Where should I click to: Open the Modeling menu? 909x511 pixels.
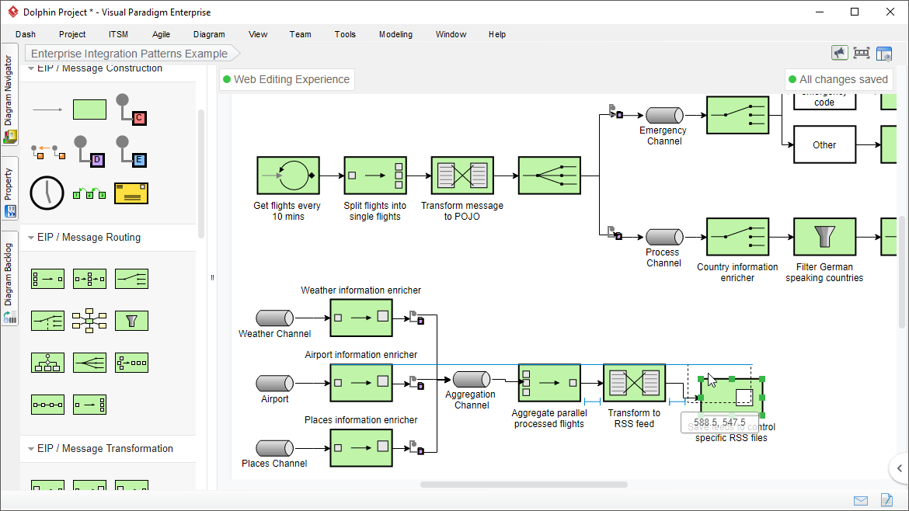click(395, 34)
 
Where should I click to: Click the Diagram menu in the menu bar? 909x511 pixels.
click(209, 34)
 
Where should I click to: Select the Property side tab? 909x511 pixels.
click(9, 190)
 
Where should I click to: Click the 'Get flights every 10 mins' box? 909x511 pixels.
click(287, 176)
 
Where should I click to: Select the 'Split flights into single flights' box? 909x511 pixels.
click(375, 176)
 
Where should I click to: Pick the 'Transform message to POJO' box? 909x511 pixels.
click(462, 176)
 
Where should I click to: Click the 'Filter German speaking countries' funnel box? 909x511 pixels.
click(824, 236)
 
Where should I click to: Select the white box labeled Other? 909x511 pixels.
click(824, 144)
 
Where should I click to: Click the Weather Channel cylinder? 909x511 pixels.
click(275, 318)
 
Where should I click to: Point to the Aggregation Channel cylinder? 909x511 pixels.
click(472, 379)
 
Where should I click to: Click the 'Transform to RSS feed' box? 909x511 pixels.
click(634, 383)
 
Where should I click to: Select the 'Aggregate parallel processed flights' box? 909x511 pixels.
click(549, 383)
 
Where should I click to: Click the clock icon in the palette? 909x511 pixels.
click(47, 193)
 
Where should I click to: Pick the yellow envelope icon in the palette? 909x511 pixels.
click(131, 193)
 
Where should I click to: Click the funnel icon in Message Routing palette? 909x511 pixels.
click(131, 321)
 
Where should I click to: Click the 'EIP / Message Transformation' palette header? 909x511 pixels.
click(105, 448)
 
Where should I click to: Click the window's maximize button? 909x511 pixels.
click(855, 12)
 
